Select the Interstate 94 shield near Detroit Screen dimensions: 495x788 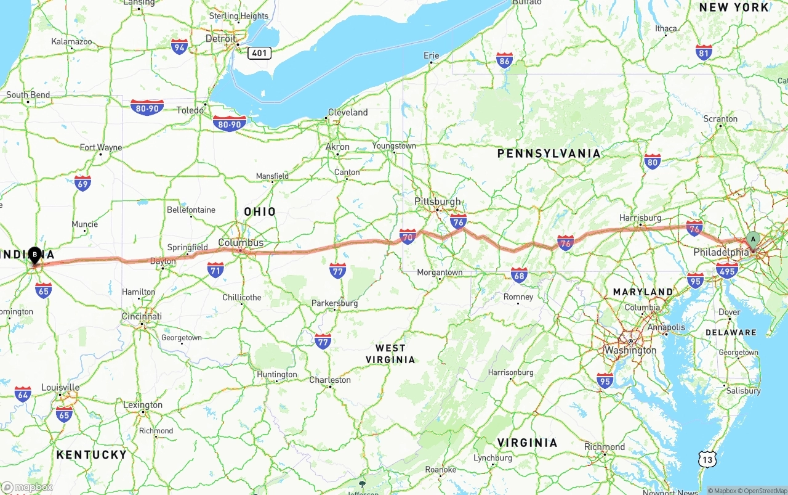(x=179, y=46)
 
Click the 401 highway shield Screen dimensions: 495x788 (x=259, y=53)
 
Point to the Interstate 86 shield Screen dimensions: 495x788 (x=504, y=60)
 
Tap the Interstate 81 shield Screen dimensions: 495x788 (x=704, y=52)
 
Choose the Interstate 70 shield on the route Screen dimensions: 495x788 (x=408, y=236)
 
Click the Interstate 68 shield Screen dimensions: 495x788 (x=519, y=275)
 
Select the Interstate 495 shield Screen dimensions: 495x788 (x=727, y=270)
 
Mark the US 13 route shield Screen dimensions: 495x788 (x=707, y=458)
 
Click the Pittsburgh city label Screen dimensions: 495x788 (x=438, y=202)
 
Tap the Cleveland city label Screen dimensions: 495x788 (x=348, y=112)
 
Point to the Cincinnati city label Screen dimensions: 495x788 (x=142, y=316)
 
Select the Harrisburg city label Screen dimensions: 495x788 (x=640, y=218)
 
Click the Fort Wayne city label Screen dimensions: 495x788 (x=101, y=147)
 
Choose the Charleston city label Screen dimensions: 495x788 (x=330, y=380)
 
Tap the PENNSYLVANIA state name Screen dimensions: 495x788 (x=549, y=153)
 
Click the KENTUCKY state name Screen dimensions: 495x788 (x=91, y=454)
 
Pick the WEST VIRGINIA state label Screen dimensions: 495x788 (x=390, y=354)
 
